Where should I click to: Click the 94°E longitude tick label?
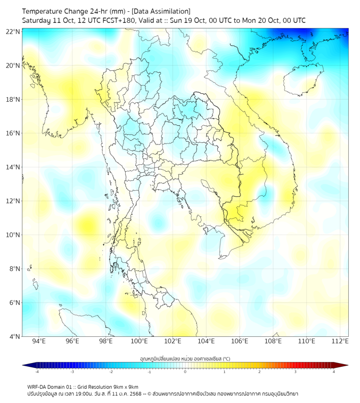39,341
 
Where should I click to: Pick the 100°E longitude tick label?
140,341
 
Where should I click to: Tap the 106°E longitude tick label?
240,341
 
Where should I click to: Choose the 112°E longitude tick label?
341,341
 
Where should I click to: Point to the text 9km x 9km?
125,386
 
